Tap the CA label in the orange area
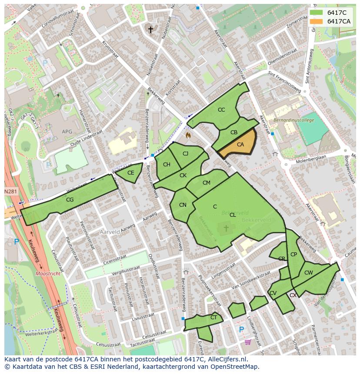[240, 145]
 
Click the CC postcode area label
[221, 110]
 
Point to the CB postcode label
[234, 132]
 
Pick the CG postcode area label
[70, 200]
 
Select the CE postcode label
[131, 173]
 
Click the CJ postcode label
[186, 154]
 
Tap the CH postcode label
[167, 165]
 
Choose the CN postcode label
[183, 205]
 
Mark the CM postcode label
[207, 183]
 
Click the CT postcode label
[213, 318]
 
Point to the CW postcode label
[308, 273]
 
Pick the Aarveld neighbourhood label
[110, 232]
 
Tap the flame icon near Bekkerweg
[188, 136]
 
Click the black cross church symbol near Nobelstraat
[151, 30]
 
